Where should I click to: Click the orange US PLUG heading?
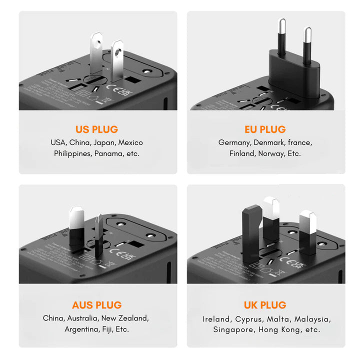tap(96, 129)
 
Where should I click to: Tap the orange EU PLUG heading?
tap(265, 129)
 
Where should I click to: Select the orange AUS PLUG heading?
tap(96, 304)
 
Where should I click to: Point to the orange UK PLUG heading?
tap(265, 304)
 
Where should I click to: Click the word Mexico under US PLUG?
tap(130, 142)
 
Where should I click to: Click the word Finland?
tap(242, 153)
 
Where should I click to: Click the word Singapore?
tap(233, 329)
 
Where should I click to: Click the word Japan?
tap(104, 142)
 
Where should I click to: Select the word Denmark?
tap(270, 142)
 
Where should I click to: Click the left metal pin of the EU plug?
tap(282, 35)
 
